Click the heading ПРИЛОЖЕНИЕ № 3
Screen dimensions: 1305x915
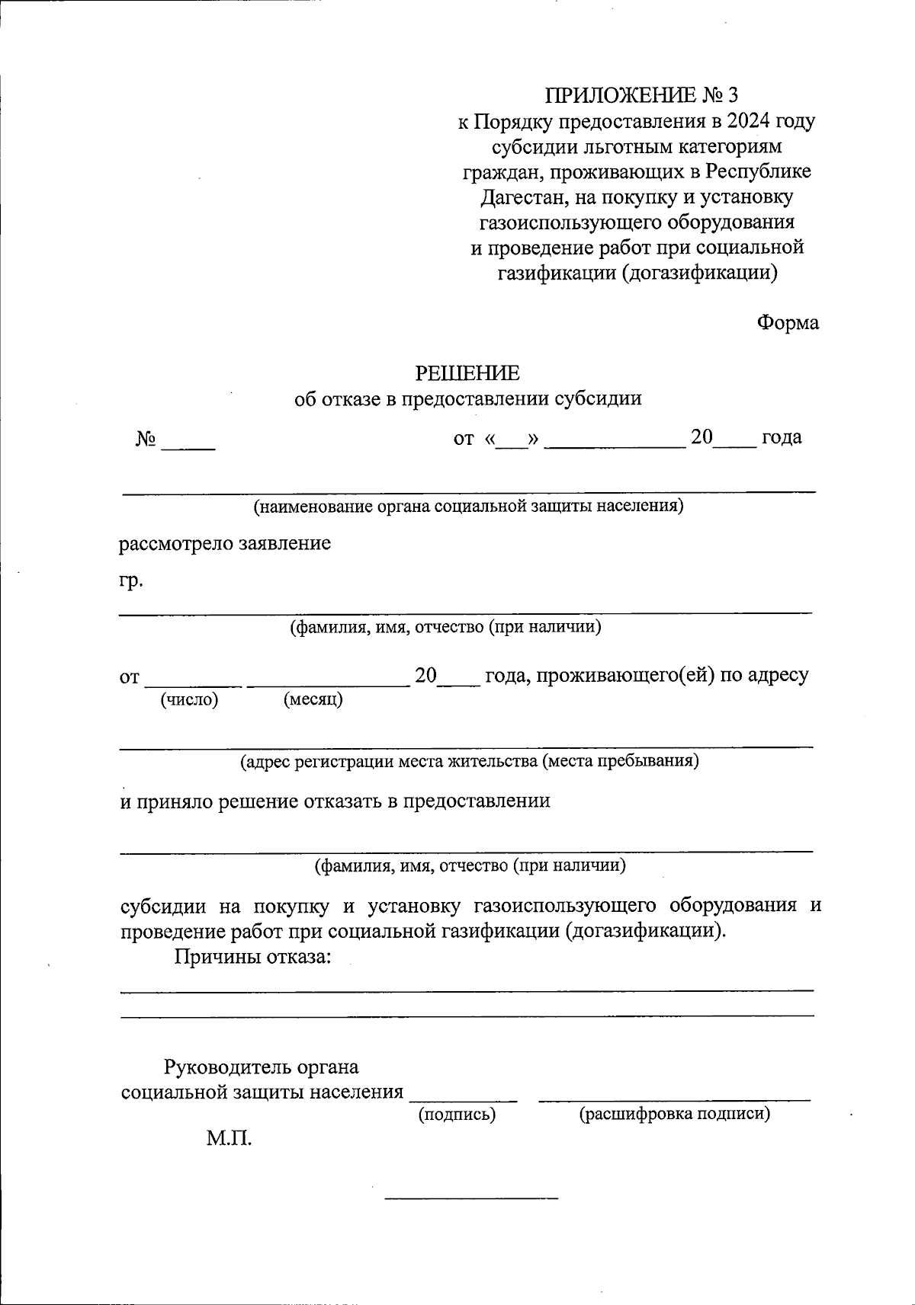(x=641, y=95)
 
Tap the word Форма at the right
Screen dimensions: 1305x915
(x=787, y=323)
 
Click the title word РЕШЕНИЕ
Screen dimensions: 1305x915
(x=467, y=373)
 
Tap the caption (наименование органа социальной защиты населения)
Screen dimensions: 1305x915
(x=467, y=506)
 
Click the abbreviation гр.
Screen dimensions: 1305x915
(x=131, y=581)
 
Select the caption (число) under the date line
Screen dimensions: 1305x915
(x=189, y=699)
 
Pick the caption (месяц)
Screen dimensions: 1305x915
(x=313, y=699)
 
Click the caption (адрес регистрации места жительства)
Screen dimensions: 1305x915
(x=469, y=761)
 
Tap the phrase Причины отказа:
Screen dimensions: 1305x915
(x=252, y=957)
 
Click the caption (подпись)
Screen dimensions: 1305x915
(x=457, y=1115)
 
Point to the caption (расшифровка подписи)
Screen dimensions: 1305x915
(x=674, y=1115)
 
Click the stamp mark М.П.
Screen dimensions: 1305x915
(x=228, y=1140)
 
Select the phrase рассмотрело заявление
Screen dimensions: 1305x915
(x=225, y=543)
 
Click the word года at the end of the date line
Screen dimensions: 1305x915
(x=781, y=437)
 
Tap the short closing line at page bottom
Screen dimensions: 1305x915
(x=471, y=1198)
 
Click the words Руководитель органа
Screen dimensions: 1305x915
(x=261, y=1067)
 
